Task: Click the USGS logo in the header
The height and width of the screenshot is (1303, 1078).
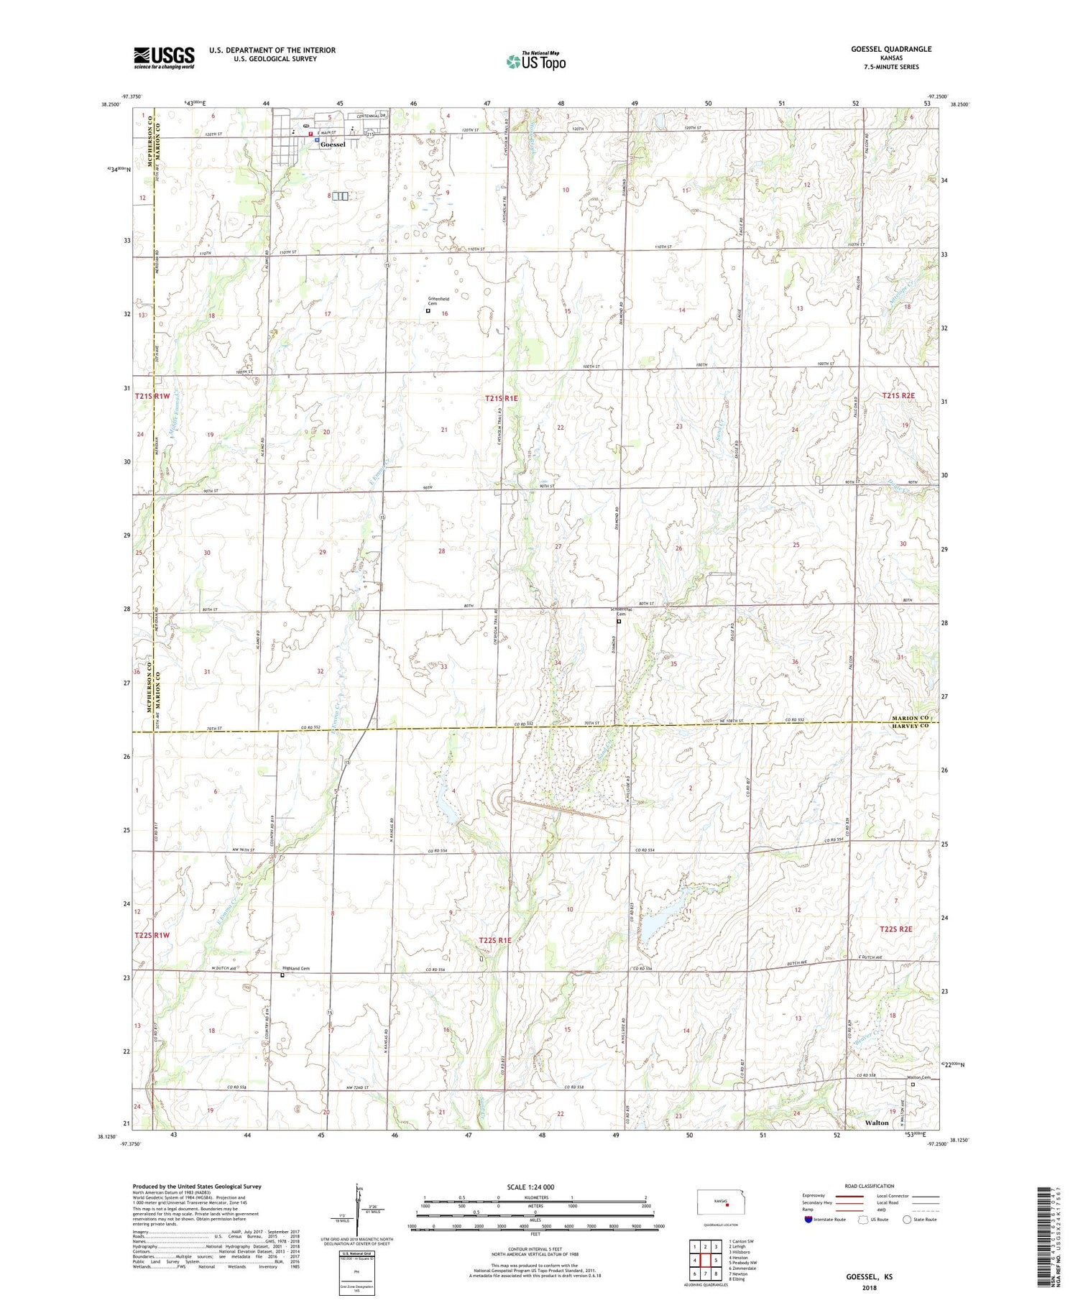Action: click(164, 57)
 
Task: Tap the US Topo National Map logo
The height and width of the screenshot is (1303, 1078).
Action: click(535, 62)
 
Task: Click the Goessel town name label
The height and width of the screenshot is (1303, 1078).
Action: click(333, 144)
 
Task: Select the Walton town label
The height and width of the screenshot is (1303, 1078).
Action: click(877, 1122)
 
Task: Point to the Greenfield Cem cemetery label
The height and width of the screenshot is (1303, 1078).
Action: click(438, 301)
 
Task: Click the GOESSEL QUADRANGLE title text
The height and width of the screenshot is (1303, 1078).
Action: click(890, 49)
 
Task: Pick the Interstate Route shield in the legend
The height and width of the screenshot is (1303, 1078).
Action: click(808, 1220)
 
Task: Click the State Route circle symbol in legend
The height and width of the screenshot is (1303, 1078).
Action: click(908, 1220)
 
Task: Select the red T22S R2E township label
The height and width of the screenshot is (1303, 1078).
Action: click(896, 929)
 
